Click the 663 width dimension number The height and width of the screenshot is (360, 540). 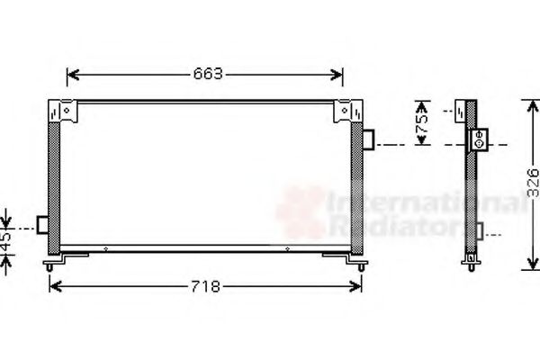(x=206, y=74)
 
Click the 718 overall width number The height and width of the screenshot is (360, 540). (x=206, y=287)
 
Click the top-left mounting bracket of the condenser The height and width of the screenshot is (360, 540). (x=66, y=112)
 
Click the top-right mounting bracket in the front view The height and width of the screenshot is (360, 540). (x=345, y=112)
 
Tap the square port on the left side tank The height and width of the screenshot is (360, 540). (x=43, y=224)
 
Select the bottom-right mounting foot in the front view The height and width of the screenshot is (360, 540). (x=356, y=263)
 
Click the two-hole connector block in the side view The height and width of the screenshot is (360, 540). (x=479, y=140)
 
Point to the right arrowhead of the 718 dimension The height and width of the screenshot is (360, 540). (x=359, y=287)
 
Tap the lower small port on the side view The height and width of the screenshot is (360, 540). (x=482, y=231)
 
